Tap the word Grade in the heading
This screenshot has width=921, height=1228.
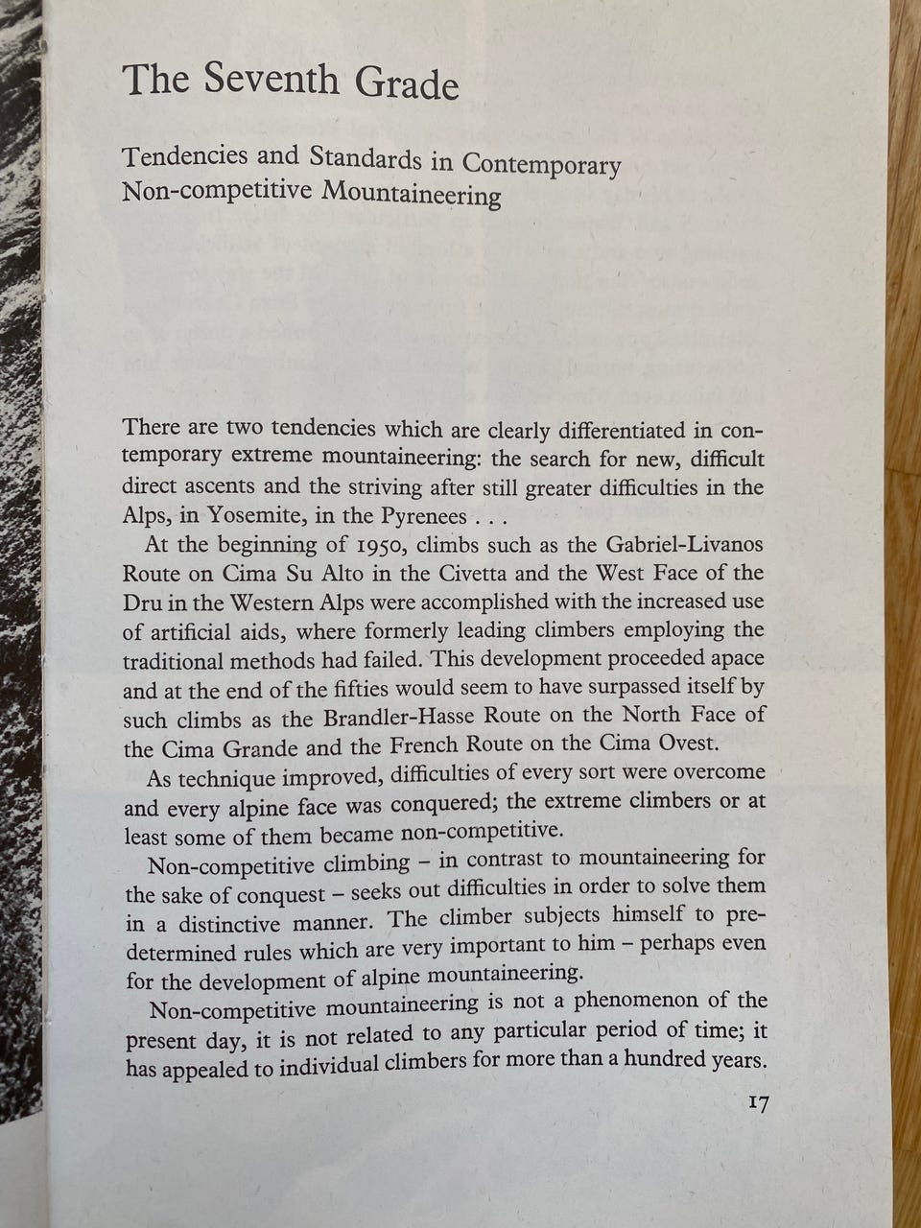pyautogui.click(x=408, y=84)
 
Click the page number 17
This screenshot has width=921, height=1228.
pyautogui.click(x=757, y=1104)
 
